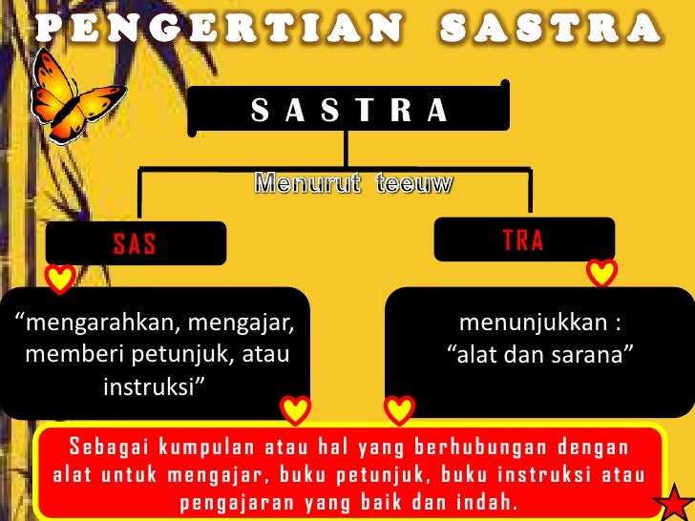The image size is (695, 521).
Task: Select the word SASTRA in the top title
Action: (x=552, y=29)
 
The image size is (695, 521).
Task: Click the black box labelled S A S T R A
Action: (x=348, y=111)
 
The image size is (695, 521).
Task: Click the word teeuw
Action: (x=412, y=184)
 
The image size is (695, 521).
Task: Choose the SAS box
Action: (x=135, y=244)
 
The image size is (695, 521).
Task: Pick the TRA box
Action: (x=522, y=240)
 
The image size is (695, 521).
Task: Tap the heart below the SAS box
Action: (x=61, y=279)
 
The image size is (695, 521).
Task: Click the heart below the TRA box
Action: (x=601, y=273)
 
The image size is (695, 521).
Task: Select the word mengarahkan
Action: (x=97, y=323)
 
